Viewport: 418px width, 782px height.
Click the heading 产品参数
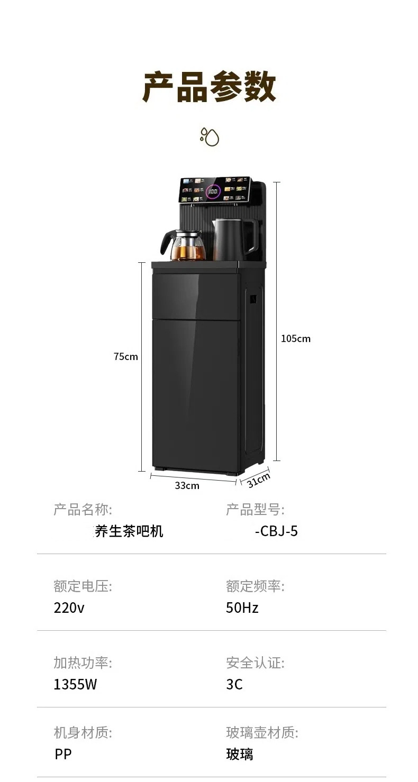(x=209, y=87)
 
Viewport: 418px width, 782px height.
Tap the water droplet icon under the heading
(x=210, y=136)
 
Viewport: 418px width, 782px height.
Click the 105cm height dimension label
(x=295, y=339)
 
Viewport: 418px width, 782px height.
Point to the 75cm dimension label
(x=125, y=357)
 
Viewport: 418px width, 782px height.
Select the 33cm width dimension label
(x=187, y=485)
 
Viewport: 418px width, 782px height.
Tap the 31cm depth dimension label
(x=259, y=481)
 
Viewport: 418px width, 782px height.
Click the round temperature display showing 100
(x=213, y=192)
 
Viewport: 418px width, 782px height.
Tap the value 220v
(x=69, y=608)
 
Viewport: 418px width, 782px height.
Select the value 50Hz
(x=242, y=608)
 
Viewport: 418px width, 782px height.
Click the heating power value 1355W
(x=75, y=685)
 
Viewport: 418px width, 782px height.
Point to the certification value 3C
(x=234, y=685)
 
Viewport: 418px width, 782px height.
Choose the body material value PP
(x=63, y=755)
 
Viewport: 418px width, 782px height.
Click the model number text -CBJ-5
(x=276, y=531)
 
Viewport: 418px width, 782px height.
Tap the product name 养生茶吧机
(x=129, y=531)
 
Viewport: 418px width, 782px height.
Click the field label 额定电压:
(x=83, y=586)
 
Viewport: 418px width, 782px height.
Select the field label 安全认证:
(x=255, y=663)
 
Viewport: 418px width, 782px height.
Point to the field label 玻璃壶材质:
(x=262, y=733)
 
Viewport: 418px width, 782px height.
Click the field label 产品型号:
(x=255, y=510)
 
